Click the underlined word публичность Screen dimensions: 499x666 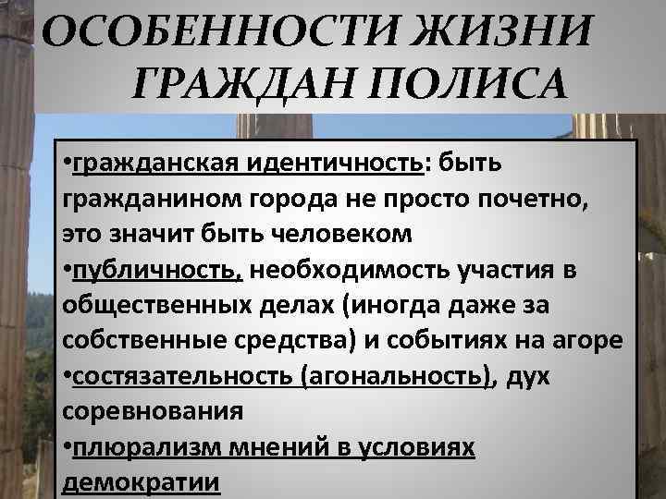pyautogui.click(x=157, y=270)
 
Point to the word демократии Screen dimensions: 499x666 pyautogui.click(x=141, y=481)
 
